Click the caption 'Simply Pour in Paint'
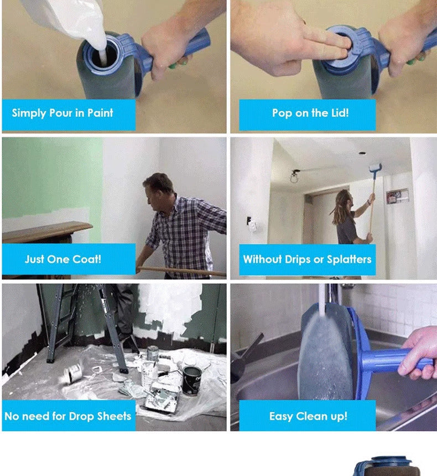click(63, 113)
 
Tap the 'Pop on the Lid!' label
click(310, 113)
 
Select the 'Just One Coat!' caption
click(63, 259)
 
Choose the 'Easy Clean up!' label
click(308, 416)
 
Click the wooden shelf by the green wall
click(47, 230)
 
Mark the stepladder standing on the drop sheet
click(83, 321)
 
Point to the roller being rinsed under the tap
click(325, 354)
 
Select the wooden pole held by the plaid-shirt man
click(183, 271)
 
